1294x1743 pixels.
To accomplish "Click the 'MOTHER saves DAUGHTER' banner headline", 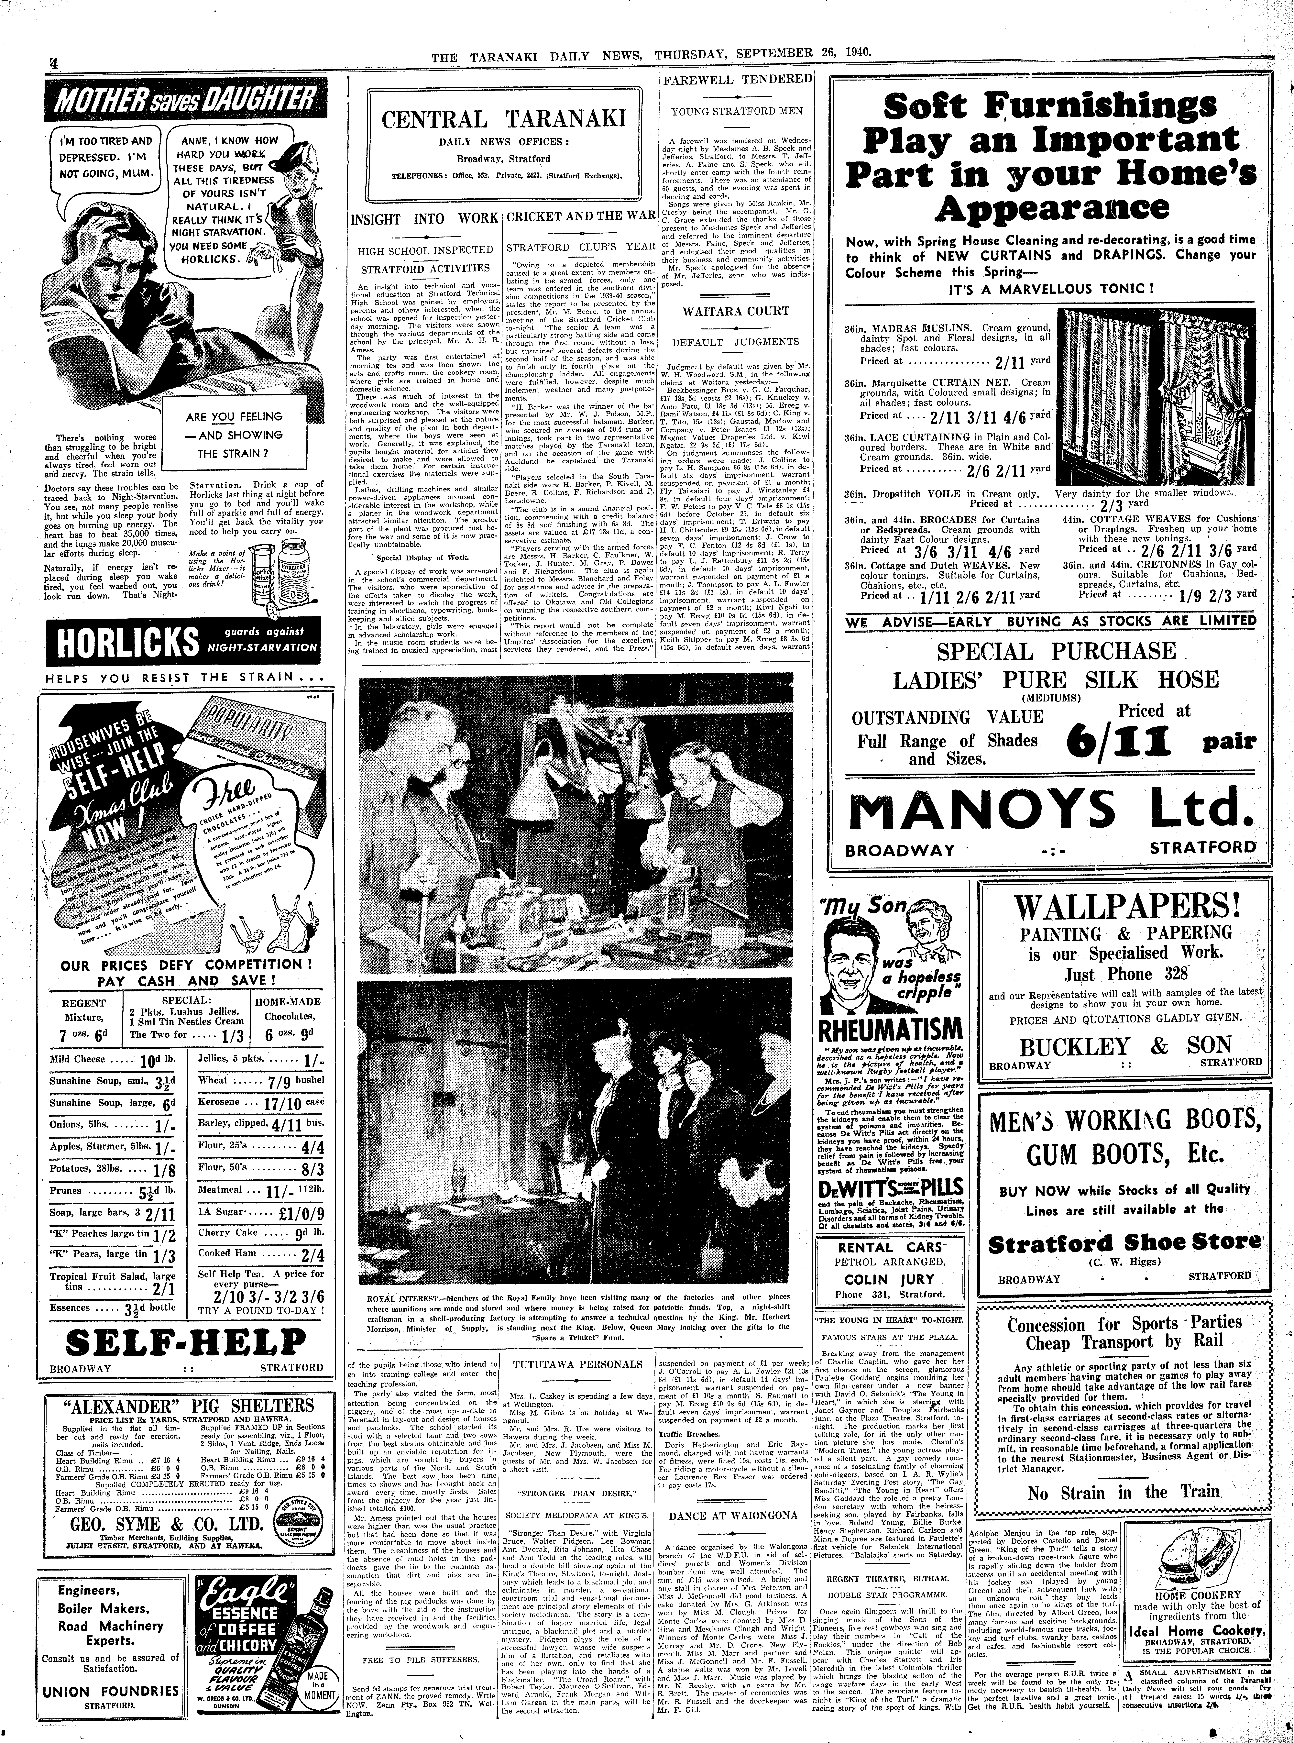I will coord(182,100).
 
